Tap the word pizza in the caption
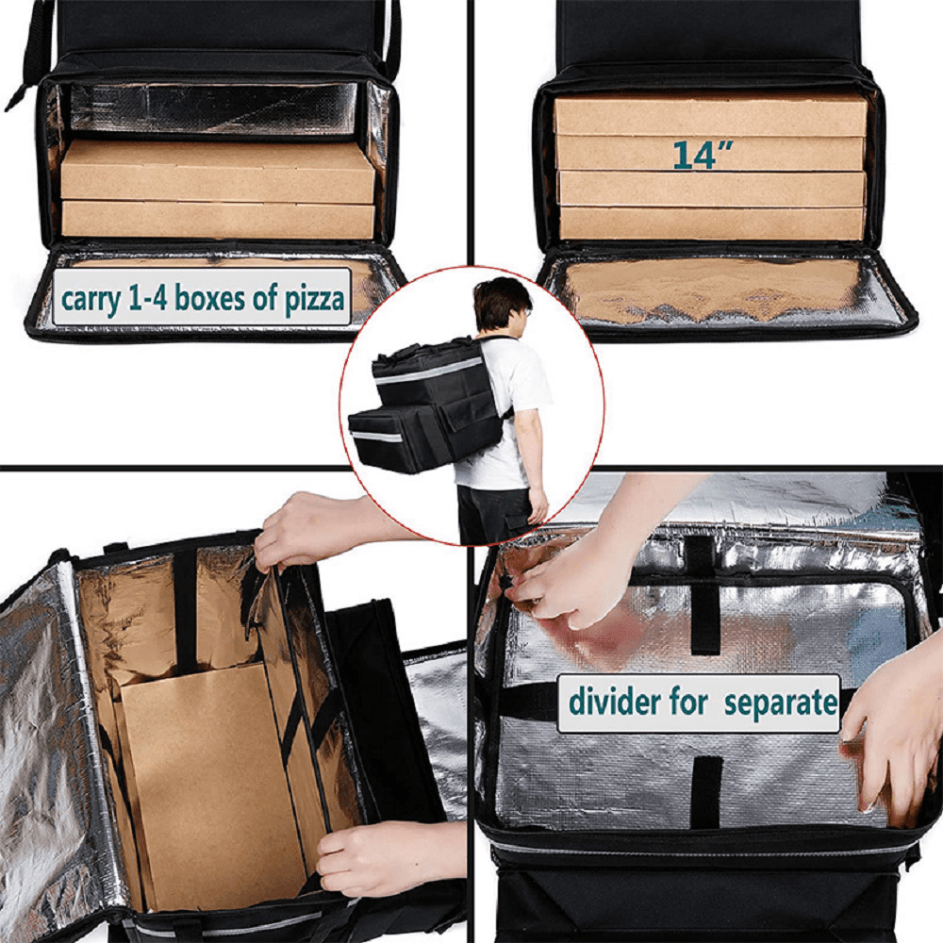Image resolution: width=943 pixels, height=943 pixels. [x=315, y=298]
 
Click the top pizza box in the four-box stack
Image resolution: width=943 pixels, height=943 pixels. [x=710, y=116]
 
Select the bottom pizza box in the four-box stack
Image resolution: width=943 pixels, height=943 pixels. [x=712, y=223]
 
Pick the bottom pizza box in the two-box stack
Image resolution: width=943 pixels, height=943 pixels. [x=219, y=220]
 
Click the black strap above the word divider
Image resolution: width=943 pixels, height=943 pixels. [x=703, y=620]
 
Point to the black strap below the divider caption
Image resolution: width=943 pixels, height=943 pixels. [x=706, y=791]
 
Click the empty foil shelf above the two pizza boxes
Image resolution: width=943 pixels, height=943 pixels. [x=213, y=108]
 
